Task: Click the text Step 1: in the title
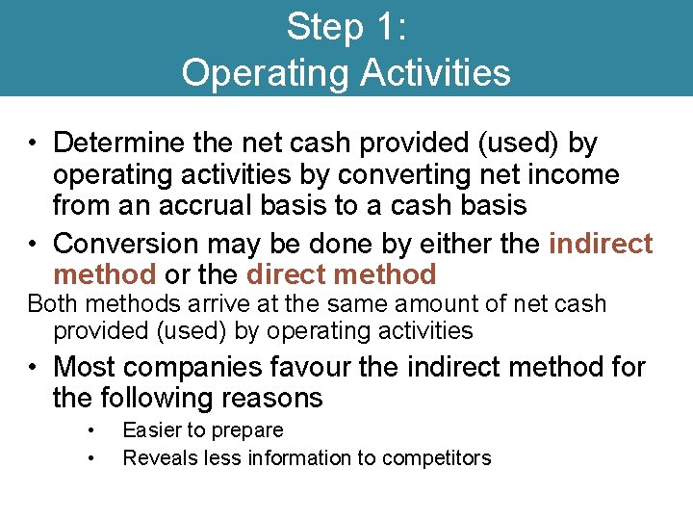click(x=346, y=27)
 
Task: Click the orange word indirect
click(x=601, y=244)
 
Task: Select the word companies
click(x=195, y=367)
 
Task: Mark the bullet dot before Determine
click(x=33, y=144)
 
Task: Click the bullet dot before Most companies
click(x=33, y=368)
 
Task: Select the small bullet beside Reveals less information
click(x=90, y=458)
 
